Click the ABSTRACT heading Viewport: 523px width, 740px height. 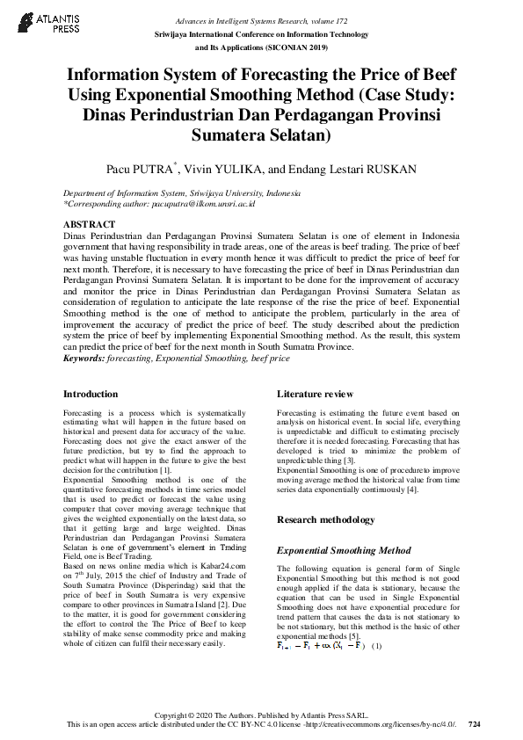click(90, 225)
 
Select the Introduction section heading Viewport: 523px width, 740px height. click(91, 395)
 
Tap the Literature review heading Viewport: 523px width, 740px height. click(315, 395)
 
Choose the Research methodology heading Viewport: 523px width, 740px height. click(325, 520)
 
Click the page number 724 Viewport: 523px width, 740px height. click(475, 723)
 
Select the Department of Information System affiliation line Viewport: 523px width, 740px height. click(181, 192)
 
